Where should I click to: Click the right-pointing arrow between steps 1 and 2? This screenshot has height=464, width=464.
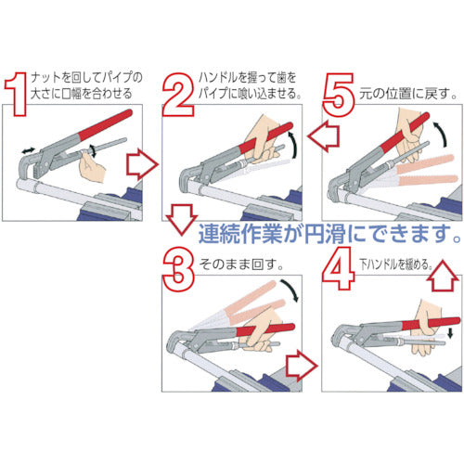(x=139, y=166)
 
